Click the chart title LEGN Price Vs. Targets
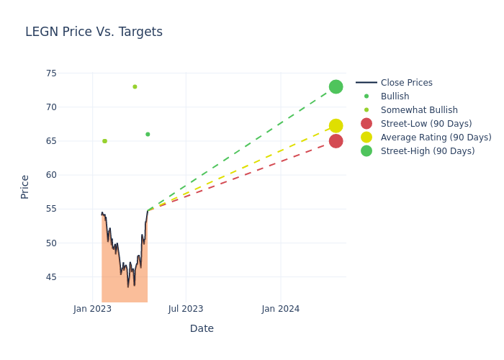pos(94,32)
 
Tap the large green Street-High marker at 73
pos(336,86)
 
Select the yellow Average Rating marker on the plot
pos(336,126)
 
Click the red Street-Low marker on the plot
pos(336,141)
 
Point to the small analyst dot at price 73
pos(135,86)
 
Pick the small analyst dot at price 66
pos(148,134)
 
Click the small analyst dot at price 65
pos(104,141)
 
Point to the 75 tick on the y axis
pos(51,73)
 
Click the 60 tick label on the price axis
pos(51,175)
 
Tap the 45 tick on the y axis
pos(51,277)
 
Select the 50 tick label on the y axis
pos(51,243)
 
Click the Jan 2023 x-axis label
pos(93,309)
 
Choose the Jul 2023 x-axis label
pos(186,309)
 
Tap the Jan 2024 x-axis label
pos(281,309)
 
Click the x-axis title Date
pos(202,328)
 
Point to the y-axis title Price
pos(25,186)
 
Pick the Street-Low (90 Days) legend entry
pos(426,124)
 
